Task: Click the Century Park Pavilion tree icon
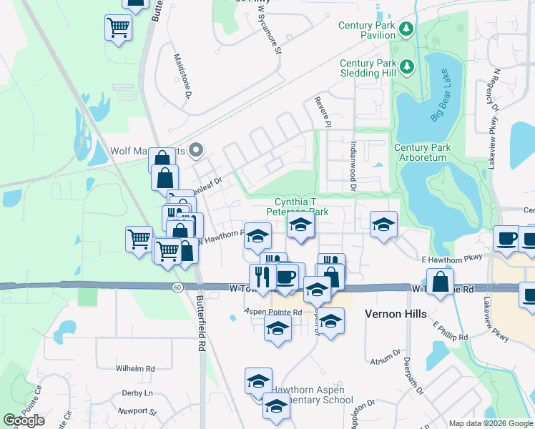[407, 29]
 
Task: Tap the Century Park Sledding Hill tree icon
[407, 66]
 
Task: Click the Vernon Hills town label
[396, 314]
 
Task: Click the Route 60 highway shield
[177, 287]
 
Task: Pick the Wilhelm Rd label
[135, 369]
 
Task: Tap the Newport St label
[137, 411]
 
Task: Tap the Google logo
[24, 420]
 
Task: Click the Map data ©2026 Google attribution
[490, 423]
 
